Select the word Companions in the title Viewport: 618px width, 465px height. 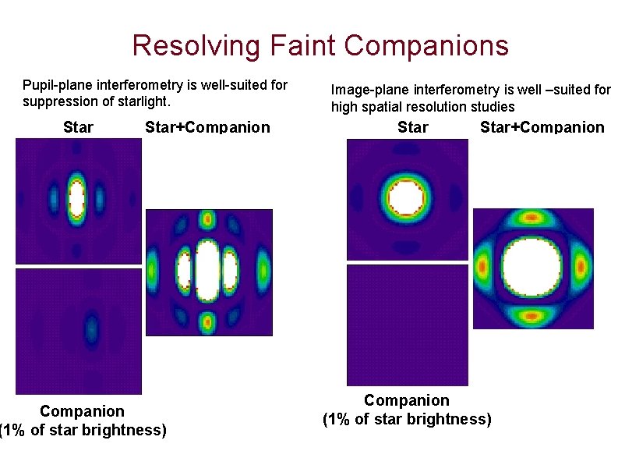[x=428, y=45]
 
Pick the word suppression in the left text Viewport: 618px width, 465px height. [x=60, y=102]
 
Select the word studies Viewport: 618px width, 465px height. [x=490, y=107]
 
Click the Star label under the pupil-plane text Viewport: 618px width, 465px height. [x=78, y=127]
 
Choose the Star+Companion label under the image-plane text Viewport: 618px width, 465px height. [x=542, y=127]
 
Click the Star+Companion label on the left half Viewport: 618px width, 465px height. [x=207, y=127]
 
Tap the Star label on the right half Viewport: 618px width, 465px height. [x=412, y=127]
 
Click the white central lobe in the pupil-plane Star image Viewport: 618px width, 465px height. [x=76, y=197]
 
